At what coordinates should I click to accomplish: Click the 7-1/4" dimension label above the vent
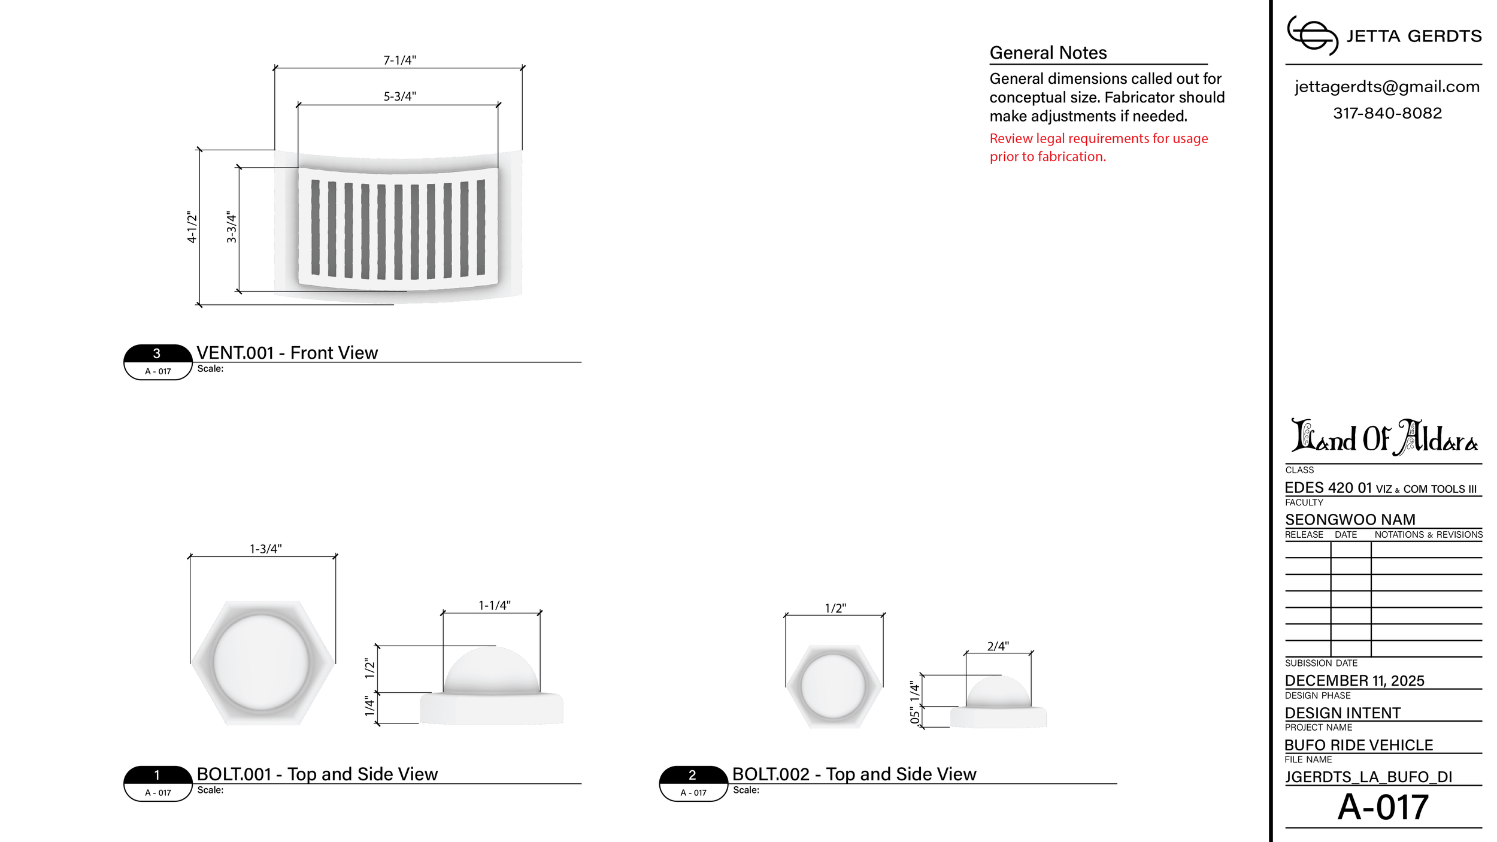pyautogui.click(x=399, y=60)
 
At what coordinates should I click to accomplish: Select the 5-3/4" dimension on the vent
pyautogui.click(x=399, y=96)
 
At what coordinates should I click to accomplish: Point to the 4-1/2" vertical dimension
pyautogui.click(x=192, y=227)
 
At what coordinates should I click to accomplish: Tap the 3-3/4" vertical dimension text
pyautogui.click(x=231, y=227)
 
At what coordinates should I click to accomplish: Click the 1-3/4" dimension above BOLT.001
pyautogui.click(x=265, y=549)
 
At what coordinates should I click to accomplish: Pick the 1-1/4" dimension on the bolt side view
pyautogui.click(x=494, y=605)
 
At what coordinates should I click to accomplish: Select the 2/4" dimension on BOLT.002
pyautogui.click(x=998, y=646)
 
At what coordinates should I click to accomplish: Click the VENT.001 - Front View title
pyautogui.click(x=287, y=353)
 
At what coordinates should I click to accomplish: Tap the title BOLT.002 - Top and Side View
pyautogui.click(x=854, y=774)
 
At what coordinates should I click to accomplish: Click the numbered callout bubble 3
pyautogui.click(x=157, y=362)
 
